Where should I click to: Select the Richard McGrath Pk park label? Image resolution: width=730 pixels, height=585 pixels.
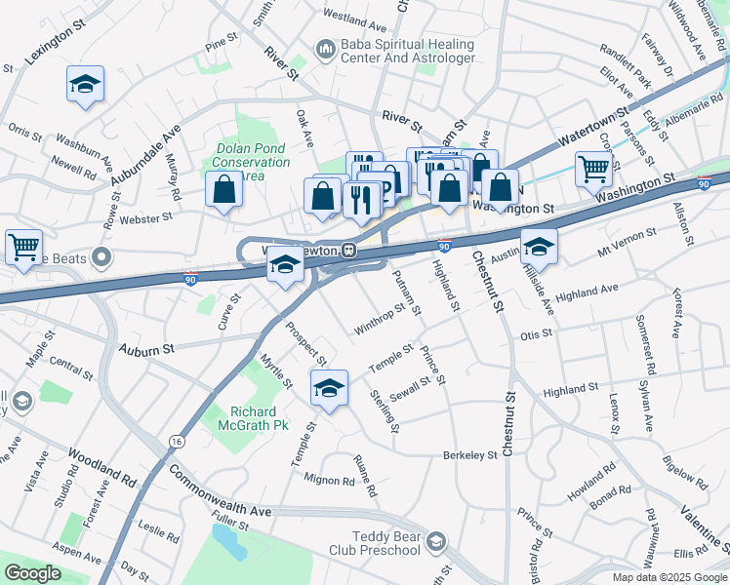(x=260, y=418)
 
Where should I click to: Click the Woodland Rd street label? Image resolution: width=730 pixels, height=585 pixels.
(x=102, y=467)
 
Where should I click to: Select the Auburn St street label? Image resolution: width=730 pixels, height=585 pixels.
(x=145, y=347)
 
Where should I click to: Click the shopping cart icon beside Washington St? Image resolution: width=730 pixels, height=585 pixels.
(x=593, y=169)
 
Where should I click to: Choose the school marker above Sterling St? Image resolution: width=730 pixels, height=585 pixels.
(x=330, y=388)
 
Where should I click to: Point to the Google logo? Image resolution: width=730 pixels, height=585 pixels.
(x=32, y=573)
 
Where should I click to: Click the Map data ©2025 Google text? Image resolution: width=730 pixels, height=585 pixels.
(x=669, y=577)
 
